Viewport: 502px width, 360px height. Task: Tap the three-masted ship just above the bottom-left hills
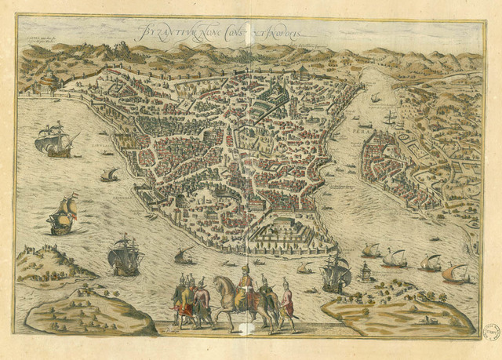pyautogui.click(x=125, y=254)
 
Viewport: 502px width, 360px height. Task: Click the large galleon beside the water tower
pyautogui.click(x=335, y=271)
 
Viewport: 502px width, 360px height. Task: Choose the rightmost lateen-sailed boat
pyautogui.click(x=455, y=273)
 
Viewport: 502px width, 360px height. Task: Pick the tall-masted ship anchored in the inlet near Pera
pyautogui.click(x=390, y=118)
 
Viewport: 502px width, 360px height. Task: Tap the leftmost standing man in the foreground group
pyautogui.click(x=180, y=301)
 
